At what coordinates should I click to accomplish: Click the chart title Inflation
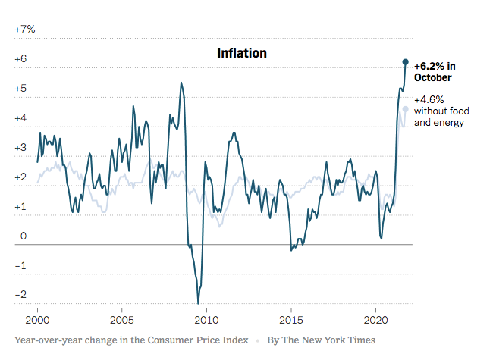coord(242,53)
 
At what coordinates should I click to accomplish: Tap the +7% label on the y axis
coord(25,30)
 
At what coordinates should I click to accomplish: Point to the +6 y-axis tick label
coord(21,59)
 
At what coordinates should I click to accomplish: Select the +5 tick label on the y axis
coord(21,89)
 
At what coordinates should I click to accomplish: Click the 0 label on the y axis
coord(24,236)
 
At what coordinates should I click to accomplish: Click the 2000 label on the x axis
coord(38,318)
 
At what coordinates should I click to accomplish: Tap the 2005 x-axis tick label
coord(122,318)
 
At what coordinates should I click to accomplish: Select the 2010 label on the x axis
coord(207,318)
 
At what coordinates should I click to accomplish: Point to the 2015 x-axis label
coord(292,318)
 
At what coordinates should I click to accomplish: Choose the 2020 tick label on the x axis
coord(377,318)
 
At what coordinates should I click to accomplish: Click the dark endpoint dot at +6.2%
coord(406,61)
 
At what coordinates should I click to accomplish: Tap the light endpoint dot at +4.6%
coord(406,109)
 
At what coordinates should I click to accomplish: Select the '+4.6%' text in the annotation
coord(429,99)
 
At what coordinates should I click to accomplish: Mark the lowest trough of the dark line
coord(198,303)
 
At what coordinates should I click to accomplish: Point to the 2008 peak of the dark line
coord(181,82)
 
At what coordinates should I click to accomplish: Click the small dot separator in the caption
coord(257,340)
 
